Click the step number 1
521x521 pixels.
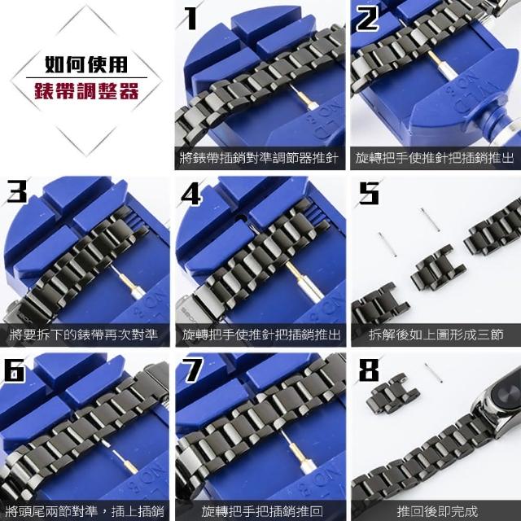(x=191, y=18)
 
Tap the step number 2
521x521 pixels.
(x=367, y=18)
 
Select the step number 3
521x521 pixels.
(x=17, y=191)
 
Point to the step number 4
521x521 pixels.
(x=191, y=194)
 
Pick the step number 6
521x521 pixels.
(x=15, y=370)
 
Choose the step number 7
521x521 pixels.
(x=193, y=370)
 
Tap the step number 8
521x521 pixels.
(x=369, y=370)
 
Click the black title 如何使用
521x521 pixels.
(x=86, y=64)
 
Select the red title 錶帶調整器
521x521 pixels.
(x=86, y=90)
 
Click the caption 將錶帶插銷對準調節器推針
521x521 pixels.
(x=259, y=158)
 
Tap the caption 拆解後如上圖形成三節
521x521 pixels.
(x=436, y=335)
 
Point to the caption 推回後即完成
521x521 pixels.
(x=436, y=510)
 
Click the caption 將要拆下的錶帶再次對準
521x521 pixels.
(x=83, y=335)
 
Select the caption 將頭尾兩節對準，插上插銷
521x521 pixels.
(x=85, y=510)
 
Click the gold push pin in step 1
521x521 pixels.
(x=303, y=97)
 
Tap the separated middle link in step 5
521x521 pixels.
(x=438, y=267)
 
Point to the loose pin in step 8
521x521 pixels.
(x=433, y=373)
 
